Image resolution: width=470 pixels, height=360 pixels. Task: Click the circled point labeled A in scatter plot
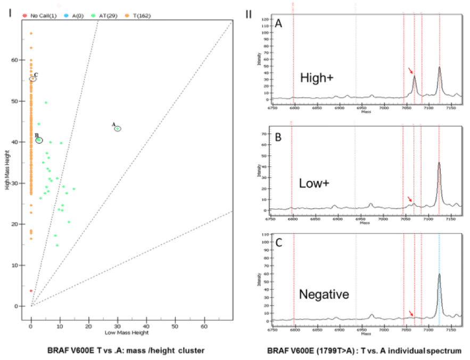tap(118, 129)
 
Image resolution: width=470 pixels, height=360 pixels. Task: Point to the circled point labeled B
tap(39, 140)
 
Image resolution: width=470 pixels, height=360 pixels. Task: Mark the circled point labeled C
tap(32, 79)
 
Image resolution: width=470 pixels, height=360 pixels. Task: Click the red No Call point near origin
tap(31, 291)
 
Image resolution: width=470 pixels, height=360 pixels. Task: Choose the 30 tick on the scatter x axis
tap(118, 313)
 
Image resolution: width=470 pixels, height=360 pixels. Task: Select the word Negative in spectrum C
tap(324, 294)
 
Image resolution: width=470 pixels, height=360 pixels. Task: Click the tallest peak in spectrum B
tap(439, 164)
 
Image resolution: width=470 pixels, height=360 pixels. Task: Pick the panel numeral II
tap(249, 13)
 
